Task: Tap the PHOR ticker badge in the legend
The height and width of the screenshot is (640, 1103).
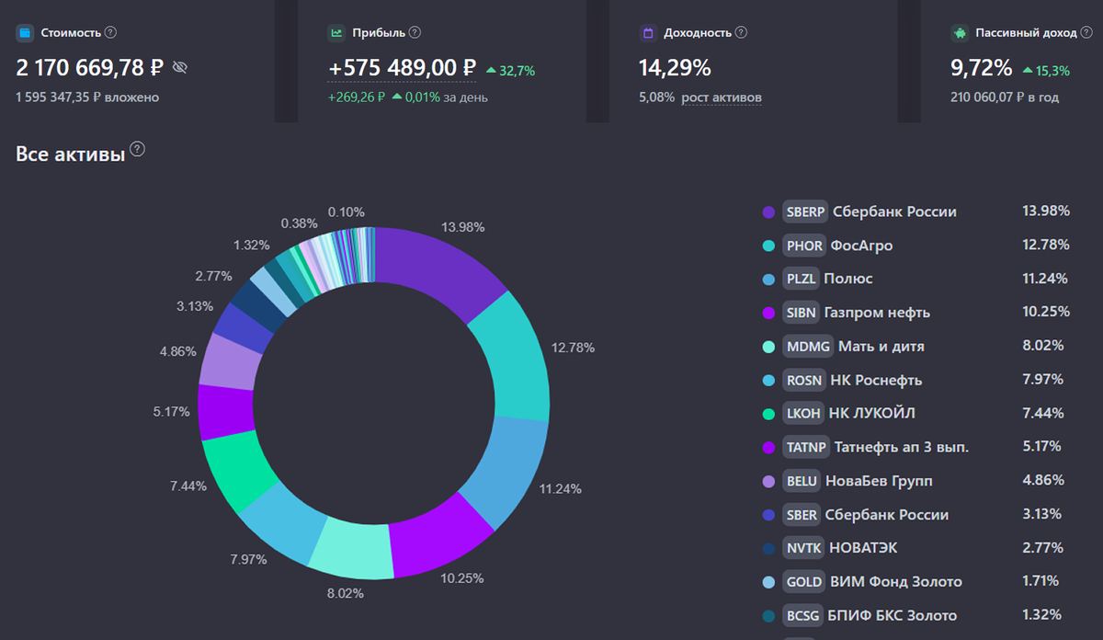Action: (804, 246)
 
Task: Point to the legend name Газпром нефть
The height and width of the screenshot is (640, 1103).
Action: (877, 313)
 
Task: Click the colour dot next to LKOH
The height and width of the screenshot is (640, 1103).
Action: (768, 414)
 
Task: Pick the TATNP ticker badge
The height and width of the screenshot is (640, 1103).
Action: (806, 447)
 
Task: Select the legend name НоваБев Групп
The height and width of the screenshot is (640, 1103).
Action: (880, 481)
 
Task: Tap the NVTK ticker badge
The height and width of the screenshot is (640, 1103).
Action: (802, 548)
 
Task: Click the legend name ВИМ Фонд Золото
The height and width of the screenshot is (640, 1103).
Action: (896, 582)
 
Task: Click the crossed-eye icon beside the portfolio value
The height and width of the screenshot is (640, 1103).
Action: (179, 67)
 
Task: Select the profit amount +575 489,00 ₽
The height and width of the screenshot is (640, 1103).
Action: (402, 68)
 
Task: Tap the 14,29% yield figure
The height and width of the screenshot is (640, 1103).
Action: (675, 68)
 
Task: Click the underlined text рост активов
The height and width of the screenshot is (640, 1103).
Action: (722, 97)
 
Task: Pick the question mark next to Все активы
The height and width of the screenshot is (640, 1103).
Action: (138, 150)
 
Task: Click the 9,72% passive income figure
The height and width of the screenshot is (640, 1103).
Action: (981, 68)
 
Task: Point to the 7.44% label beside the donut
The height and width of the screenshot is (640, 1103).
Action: (188, 485)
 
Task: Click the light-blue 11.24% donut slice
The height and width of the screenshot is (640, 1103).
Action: (509, 469)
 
